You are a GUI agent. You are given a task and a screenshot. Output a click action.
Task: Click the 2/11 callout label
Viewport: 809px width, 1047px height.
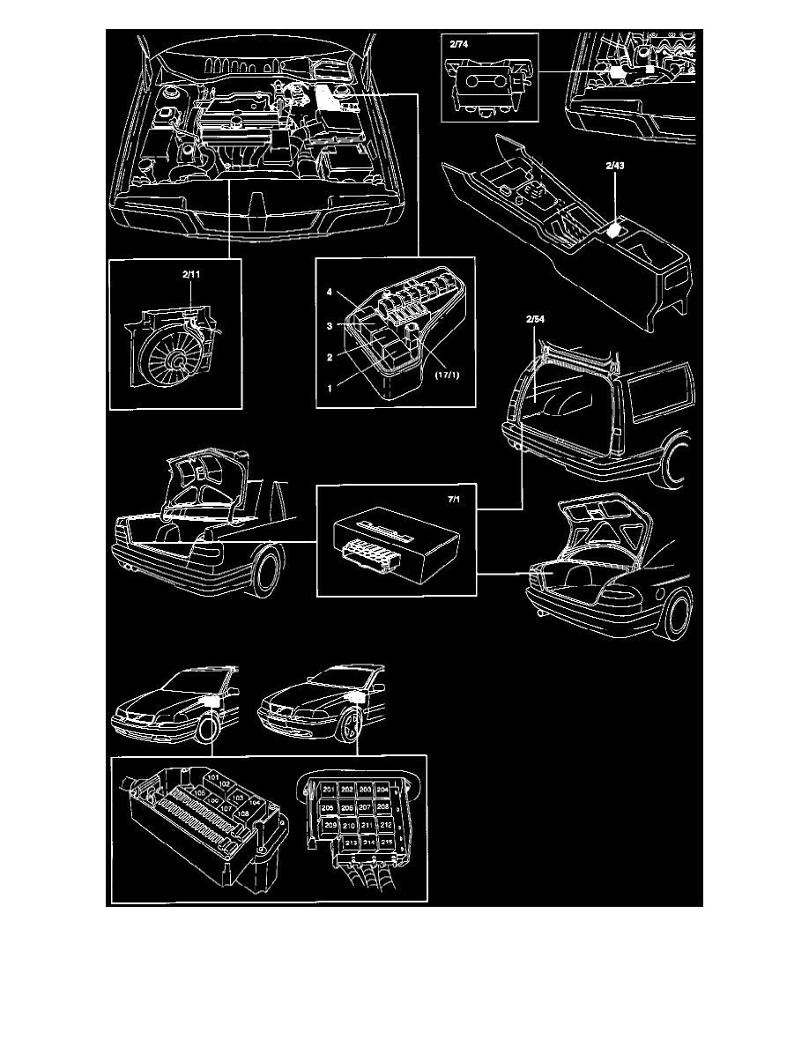(x=191, y=276)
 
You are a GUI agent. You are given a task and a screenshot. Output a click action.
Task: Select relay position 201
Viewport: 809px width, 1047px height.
(x=328, y=790)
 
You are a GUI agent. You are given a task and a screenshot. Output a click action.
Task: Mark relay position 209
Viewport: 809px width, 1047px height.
(x=330, y=825)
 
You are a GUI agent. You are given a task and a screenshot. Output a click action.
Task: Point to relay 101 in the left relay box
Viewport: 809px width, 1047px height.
(x=212, y=777)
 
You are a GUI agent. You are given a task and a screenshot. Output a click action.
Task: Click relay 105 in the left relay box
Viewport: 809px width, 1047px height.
(x=199, y=792)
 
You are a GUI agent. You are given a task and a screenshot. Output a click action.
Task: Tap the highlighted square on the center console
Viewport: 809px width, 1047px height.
(x=618, y=230)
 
